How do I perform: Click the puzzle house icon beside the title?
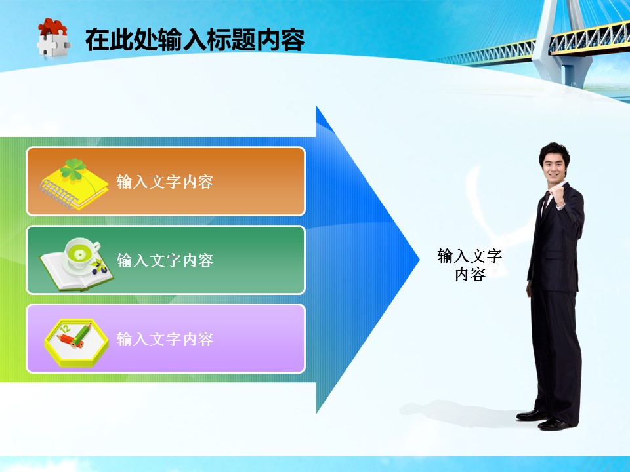click(53, 38)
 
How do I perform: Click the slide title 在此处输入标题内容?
click(195, 39)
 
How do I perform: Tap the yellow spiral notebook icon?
click(74, 184)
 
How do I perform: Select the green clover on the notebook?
click(73, 169)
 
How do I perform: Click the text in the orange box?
click(165, 182)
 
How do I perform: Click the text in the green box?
click(165, 260)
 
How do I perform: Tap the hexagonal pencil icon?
click(76, 342)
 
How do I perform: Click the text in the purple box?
click(165, 339)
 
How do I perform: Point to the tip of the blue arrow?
click(419, 260)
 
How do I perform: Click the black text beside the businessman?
click(470, 265)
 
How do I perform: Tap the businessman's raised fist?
click(558, 197)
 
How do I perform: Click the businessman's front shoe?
click(555, 424)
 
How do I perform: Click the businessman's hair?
click(555, 151)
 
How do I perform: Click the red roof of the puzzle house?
click(52, 28)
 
